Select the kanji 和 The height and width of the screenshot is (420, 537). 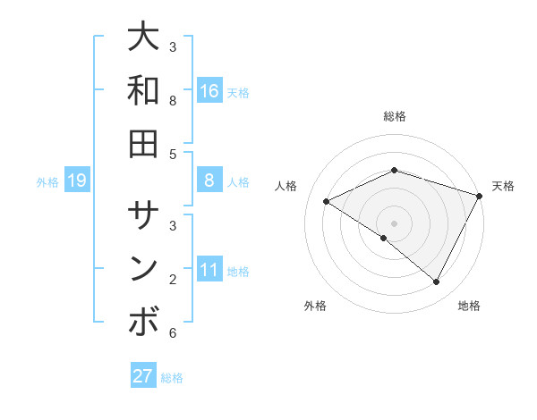[144, 90]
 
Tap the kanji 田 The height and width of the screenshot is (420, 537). [144, 143]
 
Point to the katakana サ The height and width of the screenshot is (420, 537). [144, 215]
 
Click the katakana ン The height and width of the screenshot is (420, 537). [144, 269]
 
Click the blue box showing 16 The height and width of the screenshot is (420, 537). [209, 91]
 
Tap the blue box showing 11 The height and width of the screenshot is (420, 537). [209, 270]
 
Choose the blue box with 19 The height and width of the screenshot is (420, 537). [77, 181]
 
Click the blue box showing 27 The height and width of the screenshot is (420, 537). [143, 376]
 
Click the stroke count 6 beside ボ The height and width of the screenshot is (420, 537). [173, 333]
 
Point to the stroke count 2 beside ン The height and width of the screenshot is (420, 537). [173, 280]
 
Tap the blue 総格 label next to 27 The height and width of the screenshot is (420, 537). [172, 378]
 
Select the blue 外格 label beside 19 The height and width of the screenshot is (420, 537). [47, 182]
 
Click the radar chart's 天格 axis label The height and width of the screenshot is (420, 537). [503, 186]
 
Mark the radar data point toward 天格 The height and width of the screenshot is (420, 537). [480, 196]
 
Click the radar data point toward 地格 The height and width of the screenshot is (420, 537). [437, 282]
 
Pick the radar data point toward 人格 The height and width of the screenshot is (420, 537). [327, 202]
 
